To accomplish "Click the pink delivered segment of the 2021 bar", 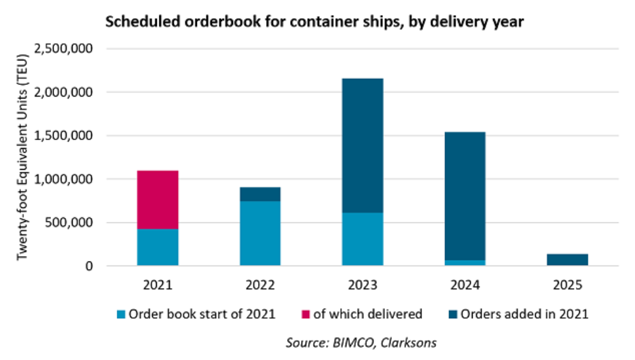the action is coord(158,200).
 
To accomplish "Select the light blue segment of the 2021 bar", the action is coord(158,247).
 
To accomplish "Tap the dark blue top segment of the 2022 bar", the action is coord(260,194).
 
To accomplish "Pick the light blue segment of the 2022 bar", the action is coord(260,234).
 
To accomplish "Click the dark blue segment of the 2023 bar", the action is coord(363,146).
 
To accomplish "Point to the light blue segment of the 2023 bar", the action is coord(363,239).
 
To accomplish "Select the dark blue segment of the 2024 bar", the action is coord(465,196).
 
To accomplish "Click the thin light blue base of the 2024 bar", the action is coord(465,263).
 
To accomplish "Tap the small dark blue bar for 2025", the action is coord(567,259).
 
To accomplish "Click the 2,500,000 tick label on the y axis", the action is coord(64,49).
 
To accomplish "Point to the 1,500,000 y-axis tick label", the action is coord(64,135).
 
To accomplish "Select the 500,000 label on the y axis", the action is coord(69,222).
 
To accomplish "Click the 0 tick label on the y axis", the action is coord(89,266).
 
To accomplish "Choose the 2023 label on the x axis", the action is coord(363,285).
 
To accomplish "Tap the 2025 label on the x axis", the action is coord(567,285).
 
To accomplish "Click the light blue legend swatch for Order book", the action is coord(121,314).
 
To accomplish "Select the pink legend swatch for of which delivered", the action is coord(306,314).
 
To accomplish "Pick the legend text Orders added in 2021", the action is coord(524,314).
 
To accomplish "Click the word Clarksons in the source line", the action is coord(408,342).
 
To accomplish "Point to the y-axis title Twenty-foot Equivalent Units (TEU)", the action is coord(22,157).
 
